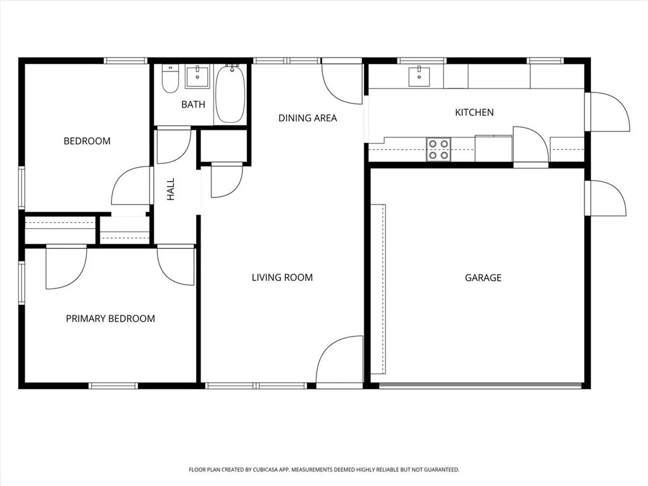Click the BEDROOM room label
point(87,141)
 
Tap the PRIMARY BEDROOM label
point(110,319)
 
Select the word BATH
point(193,104)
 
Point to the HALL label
point(171,189)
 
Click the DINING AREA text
point(308,118)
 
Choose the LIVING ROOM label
point(282,277)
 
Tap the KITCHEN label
point(474,113)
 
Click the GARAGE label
point(483,278)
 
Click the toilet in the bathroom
point(170,78)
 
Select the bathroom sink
point(197,76)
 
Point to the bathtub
point(230,94)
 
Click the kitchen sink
point(419,77)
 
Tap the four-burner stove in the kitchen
point(439,149)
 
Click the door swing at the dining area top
point(342,83)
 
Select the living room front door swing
point(339,362)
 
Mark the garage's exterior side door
point(605,198)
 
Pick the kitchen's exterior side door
point(607,111)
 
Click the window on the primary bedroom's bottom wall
point(113,386)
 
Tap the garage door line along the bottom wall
point(480,386)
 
